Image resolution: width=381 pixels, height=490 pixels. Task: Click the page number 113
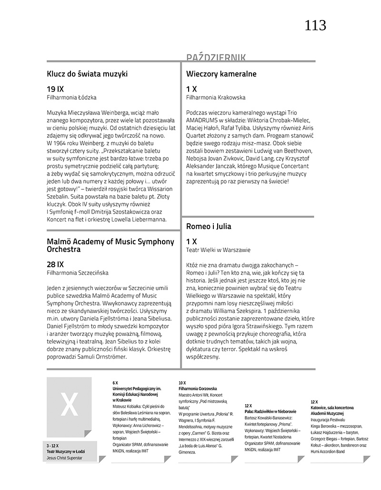(x=315, y=25)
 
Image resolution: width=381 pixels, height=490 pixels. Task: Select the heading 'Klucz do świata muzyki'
(x=87, y=74)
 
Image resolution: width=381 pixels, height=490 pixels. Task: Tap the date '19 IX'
(x=55, y=89)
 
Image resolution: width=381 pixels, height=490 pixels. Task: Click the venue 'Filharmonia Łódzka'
(x=71, y=98)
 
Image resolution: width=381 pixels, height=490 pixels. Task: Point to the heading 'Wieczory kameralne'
(x=221, y=74)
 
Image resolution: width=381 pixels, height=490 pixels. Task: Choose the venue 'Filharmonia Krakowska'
(x=216, y=98)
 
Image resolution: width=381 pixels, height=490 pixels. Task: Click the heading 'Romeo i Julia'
(x=209, y=226)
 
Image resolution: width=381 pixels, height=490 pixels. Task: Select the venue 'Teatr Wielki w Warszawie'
(x=218, y=250)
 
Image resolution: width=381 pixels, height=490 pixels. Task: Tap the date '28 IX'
(x=55, y=264)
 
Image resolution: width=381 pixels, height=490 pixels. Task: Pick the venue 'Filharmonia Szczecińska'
(x=78, y=273)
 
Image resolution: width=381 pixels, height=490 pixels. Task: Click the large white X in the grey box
(x=69, y=405)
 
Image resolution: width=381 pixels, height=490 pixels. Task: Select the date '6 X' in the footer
(x=115, y=383)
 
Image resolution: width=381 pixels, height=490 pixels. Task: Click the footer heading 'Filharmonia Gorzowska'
(x=198, y=389)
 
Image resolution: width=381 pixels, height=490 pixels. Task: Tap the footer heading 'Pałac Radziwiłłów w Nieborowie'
(x=271, y=411)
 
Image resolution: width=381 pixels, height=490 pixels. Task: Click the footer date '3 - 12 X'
(x=53, y=446)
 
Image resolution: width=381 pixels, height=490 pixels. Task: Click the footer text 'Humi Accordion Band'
(x=328, y=451)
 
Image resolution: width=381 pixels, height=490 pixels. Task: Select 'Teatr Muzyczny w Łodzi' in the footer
(x=65, y=451)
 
